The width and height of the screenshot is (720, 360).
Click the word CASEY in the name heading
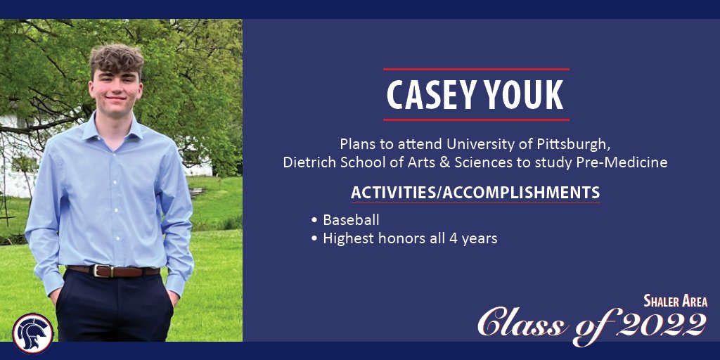(429, 96)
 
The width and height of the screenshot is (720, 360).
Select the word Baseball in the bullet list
(351, 220)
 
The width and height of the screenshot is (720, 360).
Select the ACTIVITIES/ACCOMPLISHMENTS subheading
(475, 193)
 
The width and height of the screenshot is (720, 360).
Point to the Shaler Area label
(675, 302)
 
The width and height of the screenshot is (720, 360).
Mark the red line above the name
(476, 69)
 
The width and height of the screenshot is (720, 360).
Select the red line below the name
(476, 120)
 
